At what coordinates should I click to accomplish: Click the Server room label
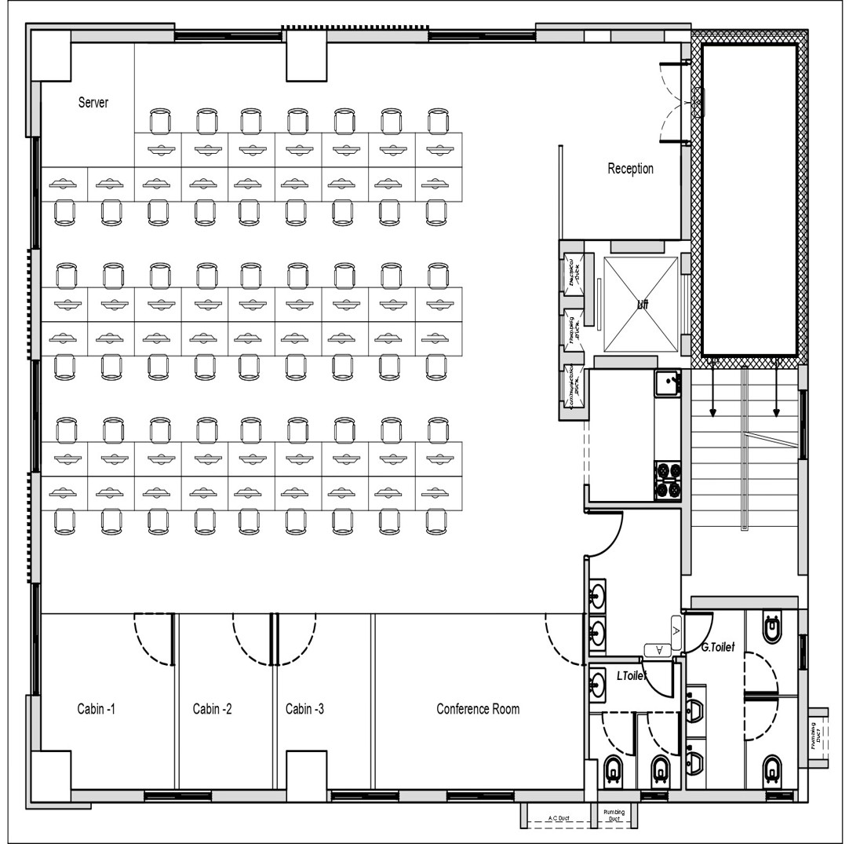[x=93, y=103]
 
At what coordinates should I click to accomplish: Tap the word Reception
[x=630, y=169]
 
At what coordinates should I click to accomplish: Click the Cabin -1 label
[x=97, y=709]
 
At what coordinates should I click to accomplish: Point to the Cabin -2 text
[x=212, y=709]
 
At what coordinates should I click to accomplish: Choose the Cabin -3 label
[x=304, y=709]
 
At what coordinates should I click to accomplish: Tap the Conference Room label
[x=478, y=709]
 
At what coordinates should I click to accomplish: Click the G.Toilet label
[x=717, y=648]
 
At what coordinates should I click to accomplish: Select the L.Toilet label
[x=631, y=675]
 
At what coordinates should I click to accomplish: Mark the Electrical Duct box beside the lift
[x=572, y=272]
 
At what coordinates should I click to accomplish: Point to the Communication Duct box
[x=572, y=385]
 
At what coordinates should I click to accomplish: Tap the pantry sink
[x=667, y=384]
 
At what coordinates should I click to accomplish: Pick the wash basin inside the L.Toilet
[x=598, y=684]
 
